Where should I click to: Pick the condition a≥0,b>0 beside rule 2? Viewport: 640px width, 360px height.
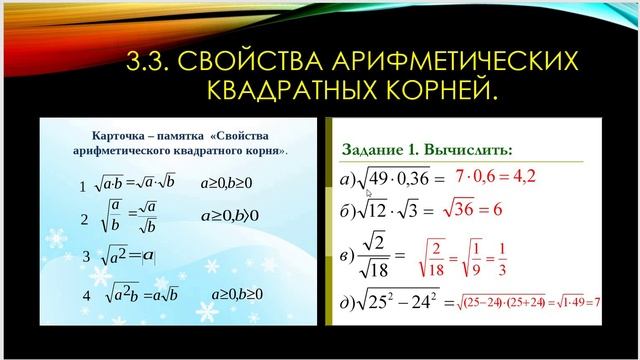tap(230, 215)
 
